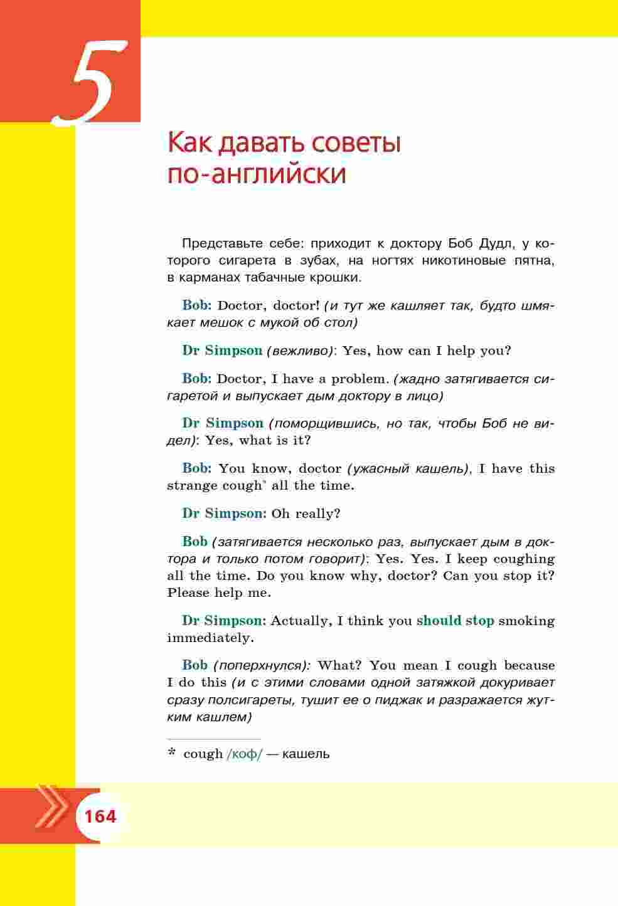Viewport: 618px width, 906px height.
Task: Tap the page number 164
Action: pyautogui.click(x=100, y=816)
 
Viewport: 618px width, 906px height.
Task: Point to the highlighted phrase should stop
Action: pyautogui.click(x=455, y=621)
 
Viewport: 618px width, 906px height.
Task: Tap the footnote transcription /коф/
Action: pyautogui.click(x=244, y=754)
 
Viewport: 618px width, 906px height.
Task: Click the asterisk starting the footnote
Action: pyautogui.click(x=171, y=753)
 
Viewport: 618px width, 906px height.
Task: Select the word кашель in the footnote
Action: pyautogui.click(x=306, y=754)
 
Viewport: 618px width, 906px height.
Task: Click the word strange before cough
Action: pyautogui.click(x=192, y=485)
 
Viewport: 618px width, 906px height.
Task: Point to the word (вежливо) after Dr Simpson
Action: pyautogui.click(x=300, y=350)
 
